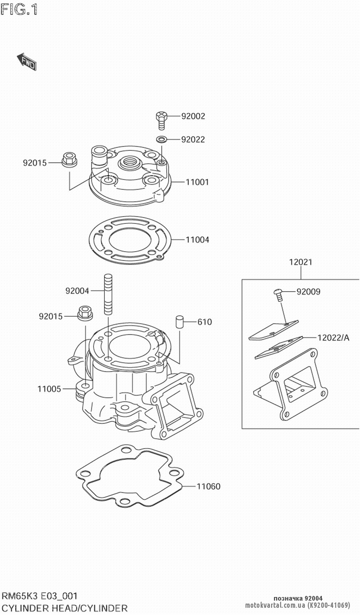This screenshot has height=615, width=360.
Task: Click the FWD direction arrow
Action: point(27,62)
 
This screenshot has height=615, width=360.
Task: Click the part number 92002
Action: point(193,116)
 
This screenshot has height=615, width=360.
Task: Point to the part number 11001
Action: point(197,182)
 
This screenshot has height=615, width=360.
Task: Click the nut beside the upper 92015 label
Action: point(69,159)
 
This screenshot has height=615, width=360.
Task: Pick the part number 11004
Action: point(197,240)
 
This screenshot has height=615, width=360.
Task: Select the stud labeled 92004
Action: point(108,294)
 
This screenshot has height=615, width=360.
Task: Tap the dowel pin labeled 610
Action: point(180,321)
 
